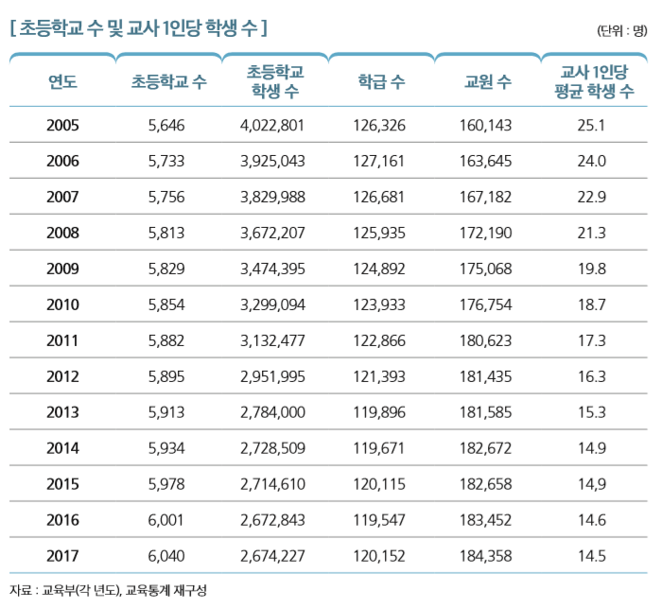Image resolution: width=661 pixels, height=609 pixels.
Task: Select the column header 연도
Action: pos(62,82)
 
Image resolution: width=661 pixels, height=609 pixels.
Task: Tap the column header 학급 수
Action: pos(382,82)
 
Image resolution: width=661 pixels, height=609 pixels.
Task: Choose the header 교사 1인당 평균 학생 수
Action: pos(594,81)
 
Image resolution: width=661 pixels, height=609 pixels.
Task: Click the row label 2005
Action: pos(62,125)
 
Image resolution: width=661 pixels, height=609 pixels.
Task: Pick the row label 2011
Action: pos(62,340)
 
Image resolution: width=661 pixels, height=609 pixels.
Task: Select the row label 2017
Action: pos(62,556)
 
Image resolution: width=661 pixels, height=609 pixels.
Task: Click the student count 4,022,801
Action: pos(273,125)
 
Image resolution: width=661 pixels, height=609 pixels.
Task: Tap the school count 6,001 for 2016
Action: pos(167,520)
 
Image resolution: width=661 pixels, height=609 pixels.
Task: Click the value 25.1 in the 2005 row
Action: pos(591,125)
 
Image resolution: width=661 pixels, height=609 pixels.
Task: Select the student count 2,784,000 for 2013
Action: pos(273,412)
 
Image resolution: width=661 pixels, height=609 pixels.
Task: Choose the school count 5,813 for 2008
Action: pos(167,233)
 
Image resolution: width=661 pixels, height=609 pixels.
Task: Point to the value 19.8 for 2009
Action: pos(591,269)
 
